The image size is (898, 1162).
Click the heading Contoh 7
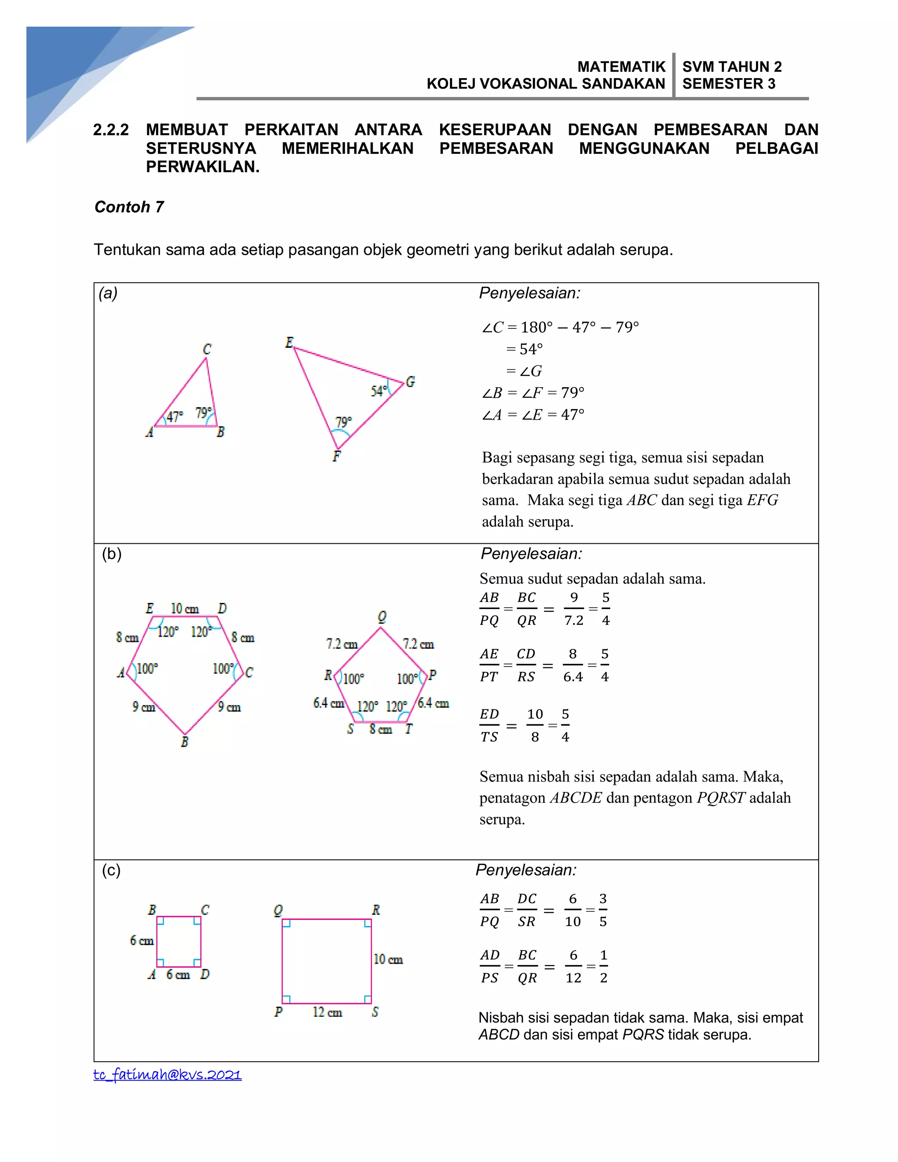pos(129,207)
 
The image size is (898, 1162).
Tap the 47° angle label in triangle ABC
pos(175,416)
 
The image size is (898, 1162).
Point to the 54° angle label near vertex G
pos(378,392)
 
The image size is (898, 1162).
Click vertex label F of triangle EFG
pos(336,456)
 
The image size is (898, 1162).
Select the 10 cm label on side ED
pos(185,609)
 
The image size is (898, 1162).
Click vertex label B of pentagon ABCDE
pos(185,741)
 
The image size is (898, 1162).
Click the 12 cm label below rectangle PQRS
pos(327,1012)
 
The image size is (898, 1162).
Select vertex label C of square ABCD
pos(205,910)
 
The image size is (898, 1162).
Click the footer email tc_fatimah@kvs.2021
pos(167,1074)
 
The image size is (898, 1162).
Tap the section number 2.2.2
pos(110,130)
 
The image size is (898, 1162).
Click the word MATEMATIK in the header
pos(621,67)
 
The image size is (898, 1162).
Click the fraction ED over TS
pos(489,726)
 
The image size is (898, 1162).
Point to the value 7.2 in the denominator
pos(574,620)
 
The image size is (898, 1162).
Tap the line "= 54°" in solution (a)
pos(524,349)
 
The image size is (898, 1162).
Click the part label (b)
pos(112,554)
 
